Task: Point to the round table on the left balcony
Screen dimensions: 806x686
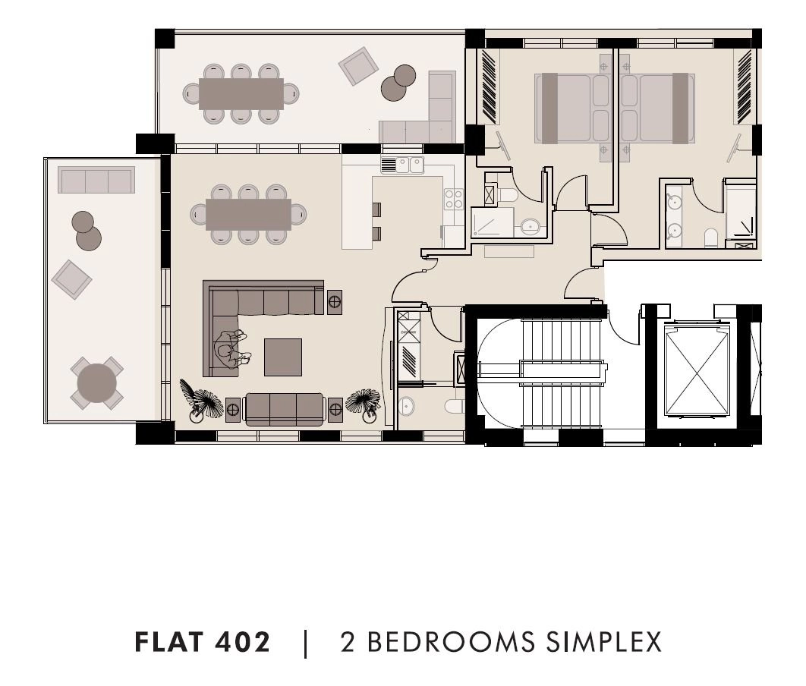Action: pos(96,382)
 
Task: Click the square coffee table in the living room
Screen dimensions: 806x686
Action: pos(283,357)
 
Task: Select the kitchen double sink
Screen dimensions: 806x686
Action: pos(402,165)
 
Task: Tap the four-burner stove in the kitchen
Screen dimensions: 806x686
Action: pos(453,199)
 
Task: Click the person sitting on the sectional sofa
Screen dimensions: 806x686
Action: pos(232,349)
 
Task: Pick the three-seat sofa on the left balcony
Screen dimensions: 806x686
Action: pos(96,180)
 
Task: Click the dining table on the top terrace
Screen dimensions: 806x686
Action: pos(241,93)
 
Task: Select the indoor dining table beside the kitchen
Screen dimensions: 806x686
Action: pos(248,214)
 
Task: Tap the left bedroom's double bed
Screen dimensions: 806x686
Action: pos(572,109)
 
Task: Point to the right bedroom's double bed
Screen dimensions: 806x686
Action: pos(658,109)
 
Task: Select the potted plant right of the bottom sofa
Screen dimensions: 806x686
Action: pos(364,402)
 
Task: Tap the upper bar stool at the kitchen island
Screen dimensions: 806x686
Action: pos(376,209)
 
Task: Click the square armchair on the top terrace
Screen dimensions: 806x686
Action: pos(358,66)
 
